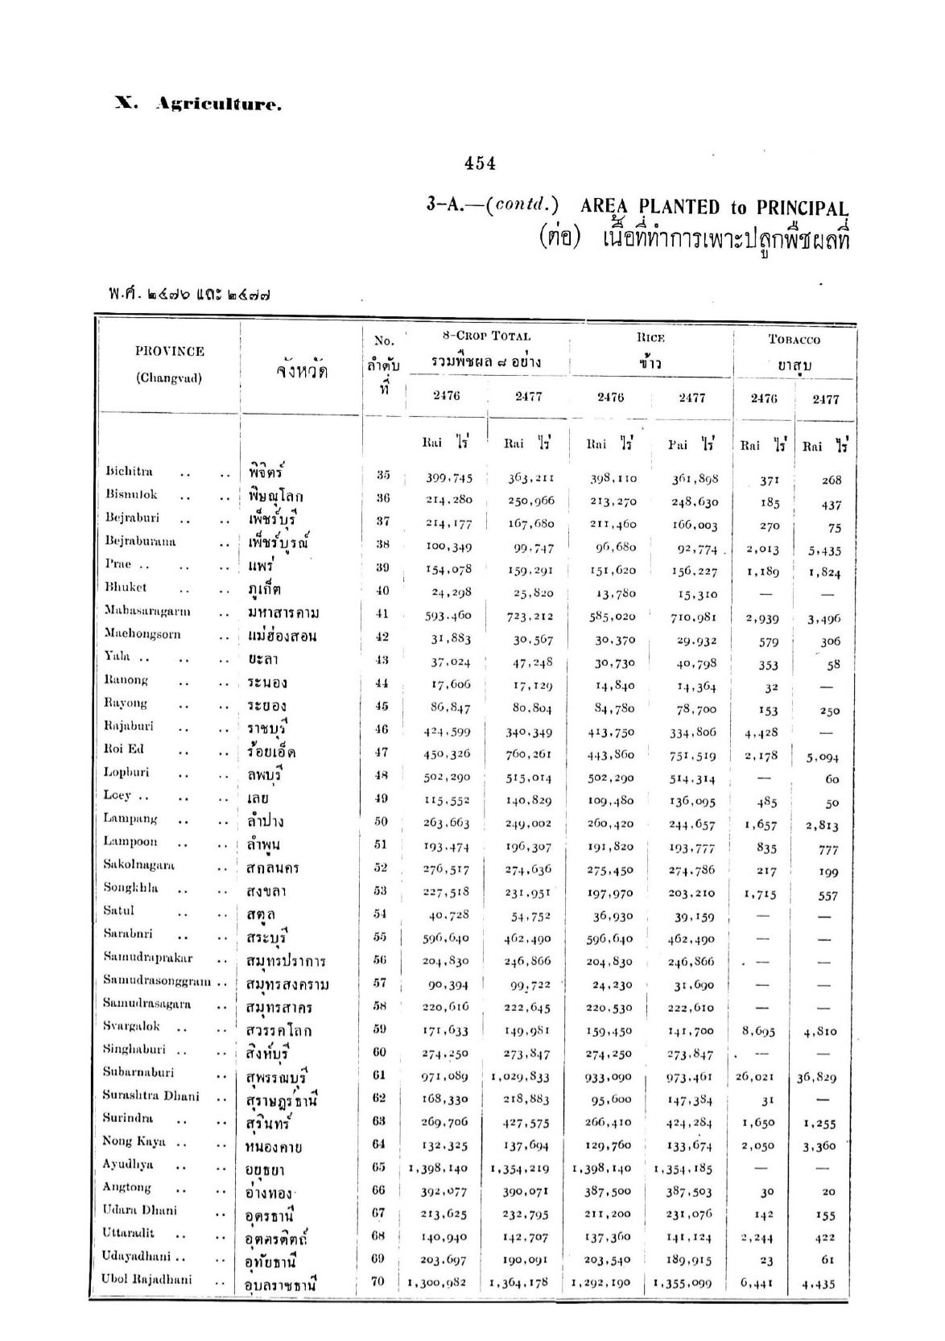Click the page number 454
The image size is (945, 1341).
click(480, 163)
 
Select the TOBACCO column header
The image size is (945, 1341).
click(794, 340)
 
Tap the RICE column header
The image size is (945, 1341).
click(650, 338)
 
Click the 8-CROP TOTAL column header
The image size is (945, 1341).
click(487, 336)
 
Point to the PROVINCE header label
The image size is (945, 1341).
click(169, 351)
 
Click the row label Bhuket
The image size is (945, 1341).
click(126, 588)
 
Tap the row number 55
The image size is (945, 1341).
click(381, 936)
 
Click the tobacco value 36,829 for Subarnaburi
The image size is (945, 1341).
click(817, 1077)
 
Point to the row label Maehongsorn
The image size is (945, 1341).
click(142, 634)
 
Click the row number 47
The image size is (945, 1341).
click(382, 752)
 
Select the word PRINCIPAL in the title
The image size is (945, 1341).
click(802, 208)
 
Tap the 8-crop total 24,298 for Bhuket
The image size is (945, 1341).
click(449, 592)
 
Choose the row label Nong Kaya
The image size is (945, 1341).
click(134, 1141)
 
